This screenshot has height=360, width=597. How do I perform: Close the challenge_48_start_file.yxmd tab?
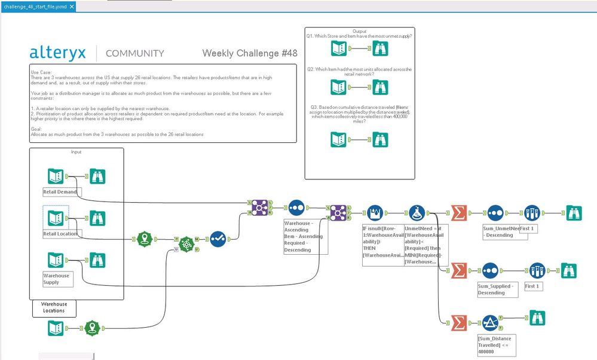point(72,7)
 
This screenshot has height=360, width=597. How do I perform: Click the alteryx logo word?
point(57,53)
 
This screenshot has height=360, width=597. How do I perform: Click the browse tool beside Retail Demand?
point(98,176)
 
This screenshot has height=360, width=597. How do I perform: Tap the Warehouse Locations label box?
point(54,307)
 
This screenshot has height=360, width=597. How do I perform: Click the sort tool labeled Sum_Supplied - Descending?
point(495,270)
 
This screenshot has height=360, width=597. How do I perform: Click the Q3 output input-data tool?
point(339,139)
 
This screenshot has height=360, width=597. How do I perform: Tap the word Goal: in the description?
point(36,129)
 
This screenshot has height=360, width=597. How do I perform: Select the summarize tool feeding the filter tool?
point(458,323)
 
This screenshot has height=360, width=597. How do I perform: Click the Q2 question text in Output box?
point(359,72)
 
